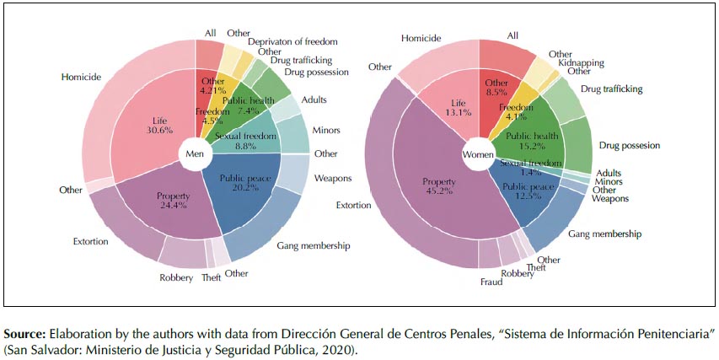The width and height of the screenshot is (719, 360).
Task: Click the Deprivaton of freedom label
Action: coord(292,41)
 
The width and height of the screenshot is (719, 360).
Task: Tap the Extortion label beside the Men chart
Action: coord(92,243)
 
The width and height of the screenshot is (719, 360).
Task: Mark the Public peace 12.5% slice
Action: coord(523,191)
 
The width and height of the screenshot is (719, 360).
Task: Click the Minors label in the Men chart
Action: coord(326,132)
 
